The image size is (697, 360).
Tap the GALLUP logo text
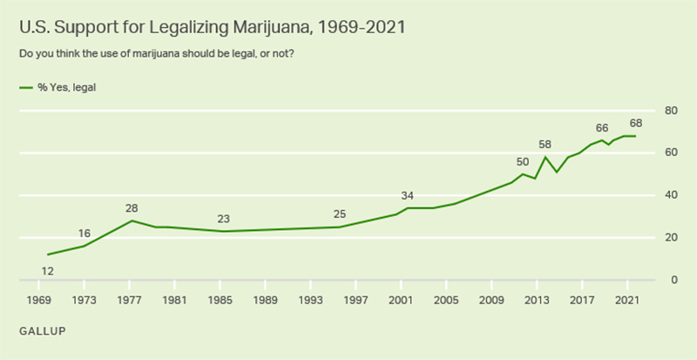click(x=42, y=332)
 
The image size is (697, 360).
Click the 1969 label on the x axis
click(x=39, y=301)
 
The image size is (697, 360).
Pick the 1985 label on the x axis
click(x=220, y=301)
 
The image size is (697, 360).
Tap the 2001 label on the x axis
click(x=402, y=301)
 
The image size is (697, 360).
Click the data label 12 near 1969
click(x=48, y=270)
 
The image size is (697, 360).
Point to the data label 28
click(x=132, y=208)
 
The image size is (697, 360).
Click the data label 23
click(x=225, y=219)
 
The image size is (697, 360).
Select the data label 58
click(x=545, y=144)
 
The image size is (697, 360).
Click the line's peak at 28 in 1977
click(x=132, y=221)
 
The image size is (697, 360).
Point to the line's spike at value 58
click(x=545, y=157)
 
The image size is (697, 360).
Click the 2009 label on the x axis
click(x=492, y=301)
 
